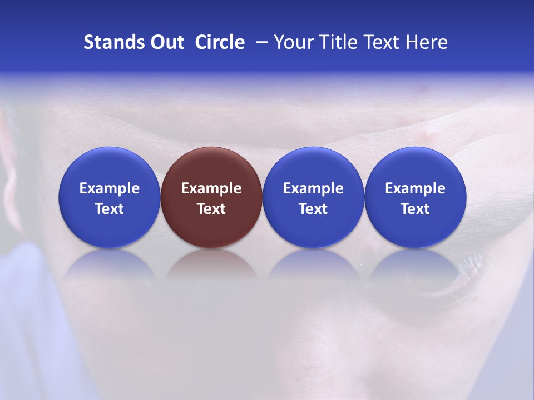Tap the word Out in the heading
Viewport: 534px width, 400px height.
(x=166, y=42)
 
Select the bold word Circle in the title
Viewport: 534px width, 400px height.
(x=220, y=42)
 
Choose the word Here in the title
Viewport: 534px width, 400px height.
(x=427, y=42)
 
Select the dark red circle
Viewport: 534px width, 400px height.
(x=211, y=197)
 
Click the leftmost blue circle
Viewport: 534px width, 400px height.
(x=110, y=197)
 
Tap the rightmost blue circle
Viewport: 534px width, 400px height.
(x=416, y=197)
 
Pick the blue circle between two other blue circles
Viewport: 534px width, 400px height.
(x=313, y=197)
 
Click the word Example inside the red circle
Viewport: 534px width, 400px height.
(x=211, y=188)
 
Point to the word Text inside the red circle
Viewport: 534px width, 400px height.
(x=211, y=209)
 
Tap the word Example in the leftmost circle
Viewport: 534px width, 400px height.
(x=110, y=188)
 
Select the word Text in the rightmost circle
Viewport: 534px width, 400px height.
(x=416, y=209)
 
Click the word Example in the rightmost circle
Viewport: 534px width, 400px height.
(x=416, y=188)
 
